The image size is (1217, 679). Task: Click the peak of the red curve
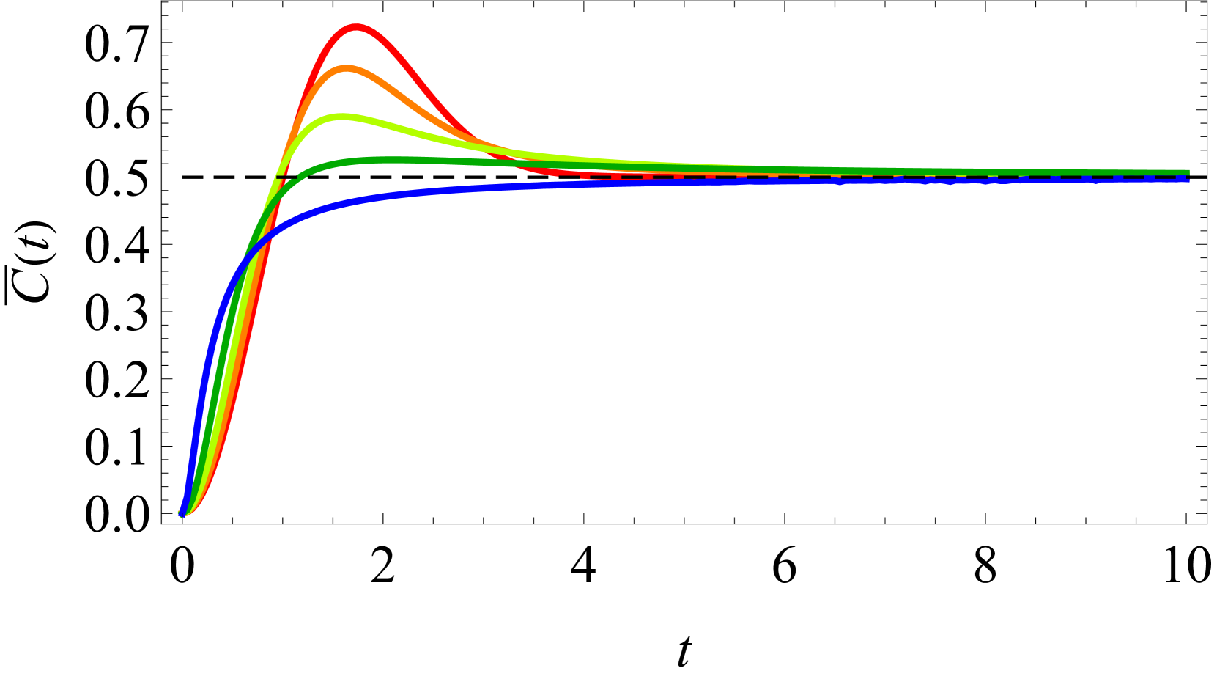tap(355, 27)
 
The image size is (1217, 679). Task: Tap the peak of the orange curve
tap(346, 68)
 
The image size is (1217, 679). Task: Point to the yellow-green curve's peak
tap(341, 117)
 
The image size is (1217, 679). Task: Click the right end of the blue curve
tap(1186, 179)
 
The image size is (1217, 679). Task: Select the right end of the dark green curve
tap(1186, 173)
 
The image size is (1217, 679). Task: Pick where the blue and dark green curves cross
tap(249, 256)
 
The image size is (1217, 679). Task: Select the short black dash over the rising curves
tap(286, 177)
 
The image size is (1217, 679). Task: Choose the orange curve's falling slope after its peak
tap(410, 103)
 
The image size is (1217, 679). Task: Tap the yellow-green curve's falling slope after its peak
tap(425, 135)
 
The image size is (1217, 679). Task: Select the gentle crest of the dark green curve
tap(381, 160)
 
